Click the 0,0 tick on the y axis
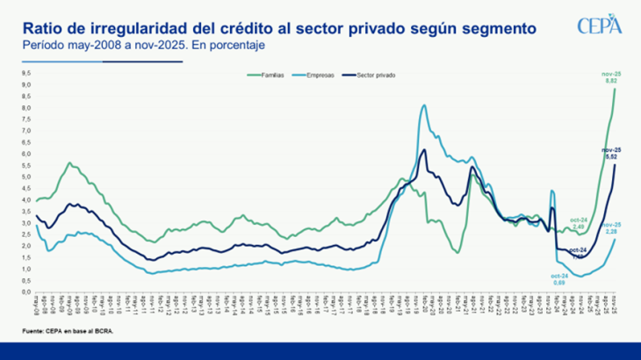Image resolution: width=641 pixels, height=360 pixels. click(x=26, y=292)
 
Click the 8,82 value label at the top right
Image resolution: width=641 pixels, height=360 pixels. click(x=613, y=80)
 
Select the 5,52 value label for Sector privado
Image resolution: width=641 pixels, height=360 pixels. click(x=612, y=156)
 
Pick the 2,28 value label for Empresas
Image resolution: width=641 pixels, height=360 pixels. click(x=612, y=231)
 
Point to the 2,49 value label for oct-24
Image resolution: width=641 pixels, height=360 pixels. click(x=578, y=227)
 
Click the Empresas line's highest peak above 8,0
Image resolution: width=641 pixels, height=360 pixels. click(x=424, y=105)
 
